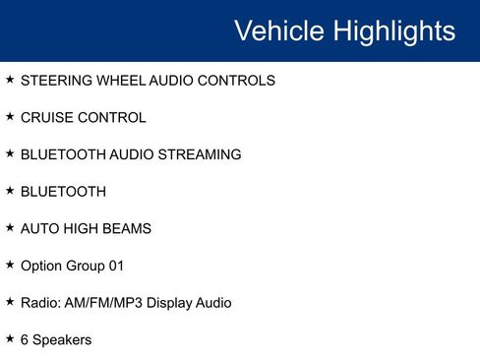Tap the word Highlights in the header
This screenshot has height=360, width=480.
tap(392, 30)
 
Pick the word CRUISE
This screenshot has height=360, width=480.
tap(47, 118)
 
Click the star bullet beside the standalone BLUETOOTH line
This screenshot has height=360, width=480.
tap(10, 191)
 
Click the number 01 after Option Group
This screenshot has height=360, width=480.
tap(116, 266)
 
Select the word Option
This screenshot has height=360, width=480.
tap(41, 266)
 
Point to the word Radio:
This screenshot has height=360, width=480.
tap(41, 303)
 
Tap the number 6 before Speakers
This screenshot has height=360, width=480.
tap(25, 339)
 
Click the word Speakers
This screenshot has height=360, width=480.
tap(62, 340)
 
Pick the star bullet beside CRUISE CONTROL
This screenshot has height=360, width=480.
tap(10, 117)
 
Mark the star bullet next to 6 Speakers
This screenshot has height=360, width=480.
tap(10, 338)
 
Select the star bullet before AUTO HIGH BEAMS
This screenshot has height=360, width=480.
tap(10, 227)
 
